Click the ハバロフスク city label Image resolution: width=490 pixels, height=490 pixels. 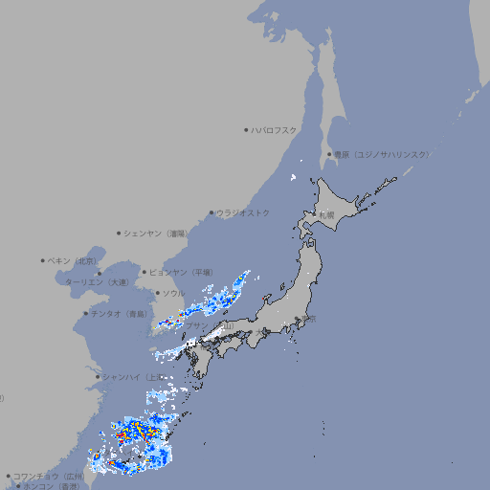tap(274, 129)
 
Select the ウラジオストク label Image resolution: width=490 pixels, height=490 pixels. tap(243, 212)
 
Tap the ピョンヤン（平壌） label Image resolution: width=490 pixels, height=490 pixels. tap(181, 272)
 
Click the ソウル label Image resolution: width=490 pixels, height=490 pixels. tap(173, 293)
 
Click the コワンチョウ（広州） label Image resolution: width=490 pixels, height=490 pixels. tap(48, 476)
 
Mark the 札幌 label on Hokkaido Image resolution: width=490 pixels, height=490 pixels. tap(326, 214)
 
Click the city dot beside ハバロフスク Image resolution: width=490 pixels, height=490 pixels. tap(246, 129)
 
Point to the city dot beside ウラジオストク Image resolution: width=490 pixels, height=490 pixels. tap(212, 212)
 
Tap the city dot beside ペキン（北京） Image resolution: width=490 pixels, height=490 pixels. tap(43, 260)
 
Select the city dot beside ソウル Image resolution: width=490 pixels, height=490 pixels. tap(157, 293)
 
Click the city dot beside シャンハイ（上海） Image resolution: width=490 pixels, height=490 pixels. tap(97, 377)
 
